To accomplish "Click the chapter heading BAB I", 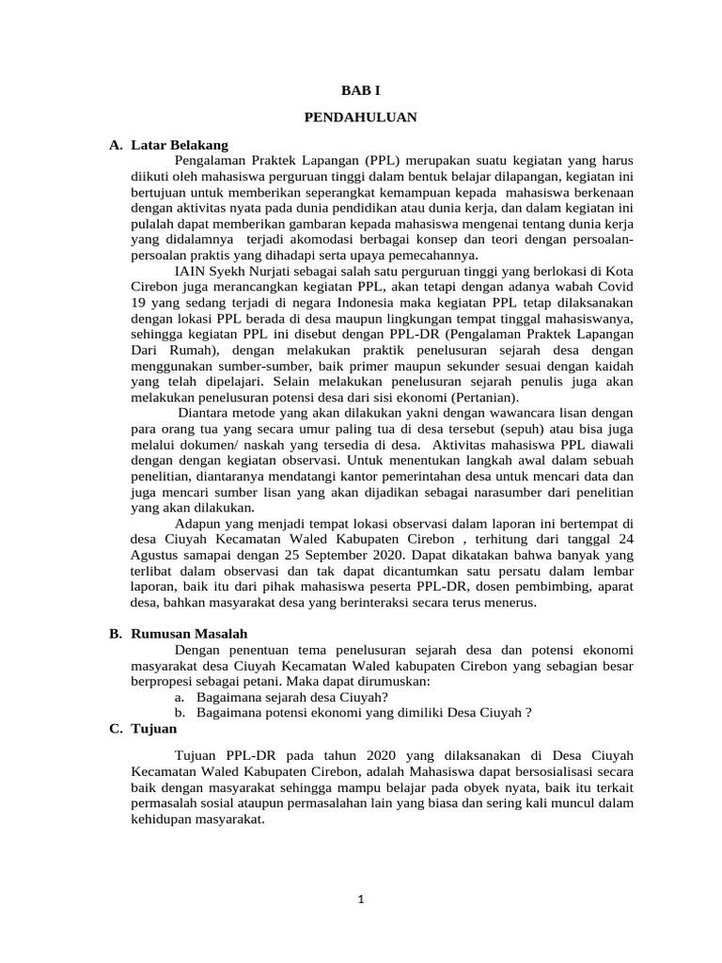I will (x=361, y=92).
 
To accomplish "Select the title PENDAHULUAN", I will (x=361, y=118).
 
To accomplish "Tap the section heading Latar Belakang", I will (x=179, y=146).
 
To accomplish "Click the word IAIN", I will (x=191, y=272).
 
